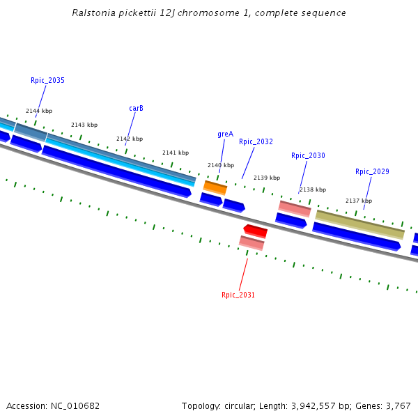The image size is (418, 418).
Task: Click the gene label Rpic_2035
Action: click(47, 81)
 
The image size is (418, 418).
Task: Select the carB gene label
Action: click(136, 109)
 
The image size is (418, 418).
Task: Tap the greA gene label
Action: click(225, 134)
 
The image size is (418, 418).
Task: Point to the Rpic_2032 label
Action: click(256, 142)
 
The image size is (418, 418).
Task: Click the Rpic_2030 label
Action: click(308, 156)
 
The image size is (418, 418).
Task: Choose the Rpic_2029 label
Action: click(372, 172)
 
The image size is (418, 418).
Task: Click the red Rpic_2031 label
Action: click(238, 295)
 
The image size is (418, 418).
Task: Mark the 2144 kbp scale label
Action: click(39, 111)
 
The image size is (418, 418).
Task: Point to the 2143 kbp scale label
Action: click(84, 125)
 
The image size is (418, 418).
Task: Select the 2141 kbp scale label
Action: click(176, 153)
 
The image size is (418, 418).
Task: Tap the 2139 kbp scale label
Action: click(267, 178)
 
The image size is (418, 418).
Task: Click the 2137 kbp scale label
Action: click(359, 201)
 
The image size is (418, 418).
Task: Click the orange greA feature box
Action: click(215, 188)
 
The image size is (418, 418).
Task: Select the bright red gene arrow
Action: click(255, 231)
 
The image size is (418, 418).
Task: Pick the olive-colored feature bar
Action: click(359, 224)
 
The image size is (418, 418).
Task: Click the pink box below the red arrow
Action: click(251, 242)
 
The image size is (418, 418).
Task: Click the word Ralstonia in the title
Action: click(93, 13)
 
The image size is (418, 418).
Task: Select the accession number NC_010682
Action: click(75, 406)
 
